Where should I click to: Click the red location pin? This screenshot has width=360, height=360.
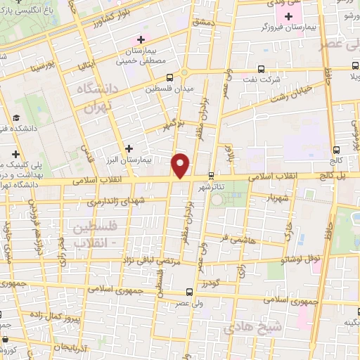[x=181, y=165]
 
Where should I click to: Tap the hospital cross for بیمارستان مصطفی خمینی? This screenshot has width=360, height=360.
[x=142, y=39]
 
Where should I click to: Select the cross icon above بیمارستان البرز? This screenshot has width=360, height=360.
[x=129, y=148]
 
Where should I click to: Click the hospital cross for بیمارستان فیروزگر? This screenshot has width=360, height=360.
[x=288, y=15]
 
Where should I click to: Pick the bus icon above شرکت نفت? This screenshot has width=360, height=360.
[x=262, y=69]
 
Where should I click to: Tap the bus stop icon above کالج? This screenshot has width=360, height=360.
[x=336, y=149]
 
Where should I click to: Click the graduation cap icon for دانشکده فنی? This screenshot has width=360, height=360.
[x=15, y=119]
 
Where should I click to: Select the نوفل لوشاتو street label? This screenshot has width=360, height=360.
[x=302, y=259]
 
